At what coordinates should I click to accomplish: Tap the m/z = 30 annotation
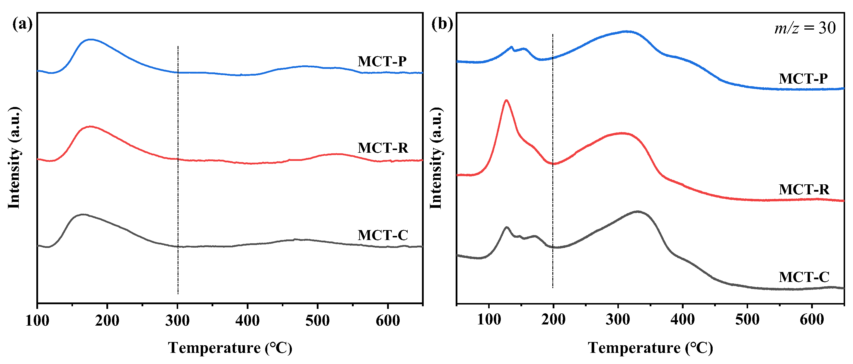click(x=805, y=28)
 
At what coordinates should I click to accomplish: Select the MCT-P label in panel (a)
click(x=382, y=62)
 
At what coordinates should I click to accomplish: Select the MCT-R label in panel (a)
click(x=383, y=148)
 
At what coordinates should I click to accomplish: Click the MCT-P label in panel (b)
click(x=803, y=79)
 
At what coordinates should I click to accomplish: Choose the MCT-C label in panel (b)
click(x=804, y=277)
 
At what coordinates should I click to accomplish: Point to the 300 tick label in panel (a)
click(x=178, y=321)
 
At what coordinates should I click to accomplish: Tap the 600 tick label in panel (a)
click(x=388, y=321)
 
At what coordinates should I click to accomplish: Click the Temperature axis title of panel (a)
click(x=230, y=348)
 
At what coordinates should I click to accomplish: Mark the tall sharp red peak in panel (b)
click(x=506, y=100)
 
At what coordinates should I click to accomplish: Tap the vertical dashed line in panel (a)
click(x=178, y=199)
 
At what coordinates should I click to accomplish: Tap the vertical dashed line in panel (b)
click(x=553, y=199)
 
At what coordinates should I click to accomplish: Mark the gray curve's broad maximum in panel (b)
click(x=637, y=211)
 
